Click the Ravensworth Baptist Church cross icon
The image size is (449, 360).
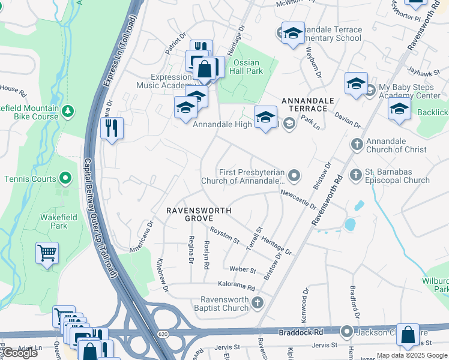(x=258, y=302)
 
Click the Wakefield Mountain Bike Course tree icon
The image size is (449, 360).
(x=68, y=111)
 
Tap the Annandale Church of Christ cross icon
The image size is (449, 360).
(x=357, y=145)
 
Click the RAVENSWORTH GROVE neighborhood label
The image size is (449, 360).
(x=199, y=215)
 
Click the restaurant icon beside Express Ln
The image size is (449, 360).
(x=111, y=129)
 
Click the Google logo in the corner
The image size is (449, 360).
(x=20, y=353)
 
